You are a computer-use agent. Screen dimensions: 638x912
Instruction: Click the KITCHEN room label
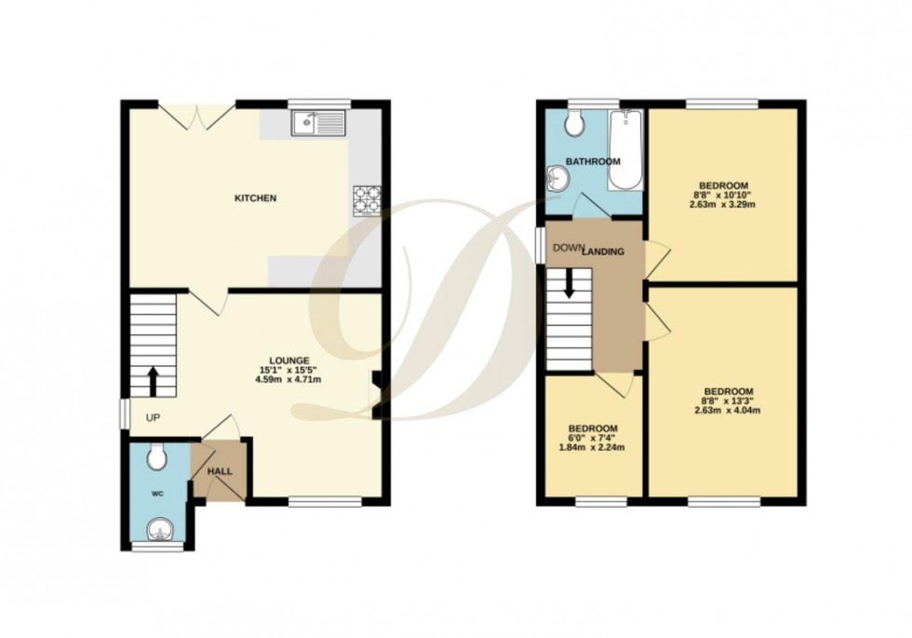pos(255,198)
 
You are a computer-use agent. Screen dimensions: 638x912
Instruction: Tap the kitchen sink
pos(317,123)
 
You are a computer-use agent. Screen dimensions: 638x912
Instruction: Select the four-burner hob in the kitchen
pos(367,200)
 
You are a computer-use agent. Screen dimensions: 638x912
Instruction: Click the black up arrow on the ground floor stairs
pos(151,381)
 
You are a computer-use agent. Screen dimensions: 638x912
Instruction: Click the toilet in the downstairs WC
pos(156,456)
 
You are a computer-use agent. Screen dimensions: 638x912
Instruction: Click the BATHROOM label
pos(595,162)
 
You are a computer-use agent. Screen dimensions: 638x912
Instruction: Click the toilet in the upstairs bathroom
pos(574,121)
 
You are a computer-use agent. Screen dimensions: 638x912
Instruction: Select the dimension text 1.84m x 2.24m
pos(593,447)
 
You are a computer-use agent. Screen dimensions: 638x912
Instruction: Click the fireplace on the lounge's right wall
pos(375,395)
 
